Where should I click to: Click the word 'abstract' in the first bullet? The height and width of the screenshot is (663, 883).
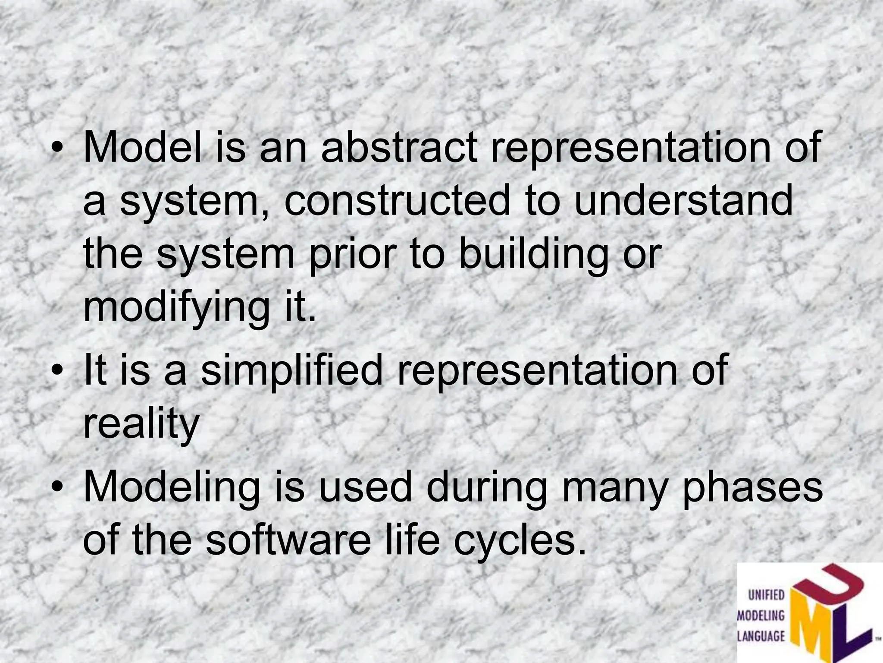point(399,148)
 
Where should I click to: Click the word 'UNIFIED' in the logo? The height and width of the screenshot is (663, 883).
point(766,596)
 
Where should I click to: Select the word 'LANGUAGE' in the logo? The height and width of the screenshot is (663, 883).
point(761,636)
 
